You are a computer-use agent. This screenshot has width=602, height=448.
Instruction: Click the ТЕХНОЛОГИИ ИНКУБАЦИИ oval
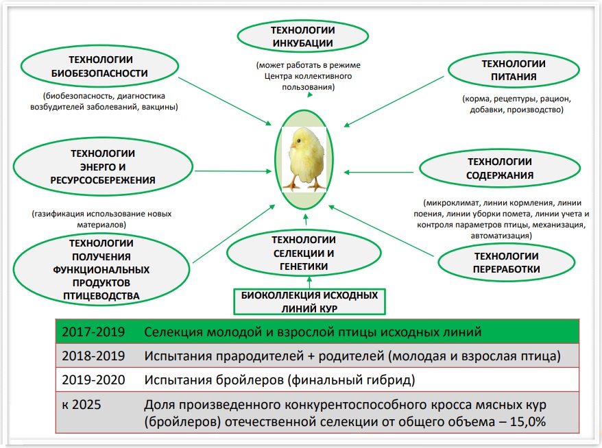click(303, 36)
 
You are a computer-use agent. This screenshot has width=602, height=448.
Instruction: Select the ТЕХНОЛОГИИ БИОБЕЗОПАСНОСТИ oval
click(99, 66)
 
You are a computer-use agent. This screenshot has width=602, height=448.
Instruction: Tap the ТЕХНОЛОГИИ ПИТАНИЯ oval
click(514, 70)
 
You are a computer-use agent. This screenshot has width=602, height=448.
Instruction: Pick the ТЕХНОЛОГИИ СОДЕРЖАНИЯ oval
click(500, 169)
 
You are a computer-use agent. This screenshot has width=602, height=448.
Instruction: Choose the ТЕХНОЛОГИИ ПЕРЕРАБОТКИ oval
click(507, 263)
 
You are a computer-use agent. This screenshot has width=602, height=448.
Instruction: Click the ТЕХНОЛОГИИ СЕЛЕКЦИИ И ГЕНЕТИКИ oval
click(304, 253)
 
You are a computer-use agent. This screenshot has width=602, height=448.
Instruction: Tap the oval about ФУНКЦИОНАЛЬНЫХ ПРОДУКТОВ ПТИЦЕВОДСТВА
click(101, 269)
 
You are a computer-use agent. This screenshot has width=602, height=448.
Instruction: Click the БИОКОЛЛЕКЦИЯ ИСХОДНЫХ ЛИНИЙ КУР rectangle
click(309, 302)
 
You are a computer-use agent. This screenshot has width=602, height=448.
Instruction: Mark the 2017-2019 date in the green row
click(93, 332)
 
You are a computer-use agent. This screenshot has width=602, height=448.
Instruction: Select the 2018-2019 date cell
click(93, 356)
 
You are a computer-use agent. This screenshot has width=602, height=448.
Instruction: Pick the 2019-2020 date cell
click(93, 379)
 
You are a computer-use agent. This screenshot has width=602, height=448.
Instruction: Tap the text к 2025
click(82, 404)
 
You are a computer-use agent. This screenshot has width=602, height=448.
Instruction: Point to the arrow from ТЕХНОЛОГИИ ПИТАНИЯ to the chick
click(394, 101)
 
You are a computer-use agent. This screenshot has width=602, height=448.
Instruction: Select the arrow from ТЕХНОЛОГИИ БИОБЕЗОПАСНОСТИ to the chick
click(225, 101)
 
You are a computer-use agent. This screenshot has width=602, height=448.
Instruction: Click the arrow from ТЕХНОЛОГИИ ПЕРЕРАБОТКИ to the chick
click(381, 231)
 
